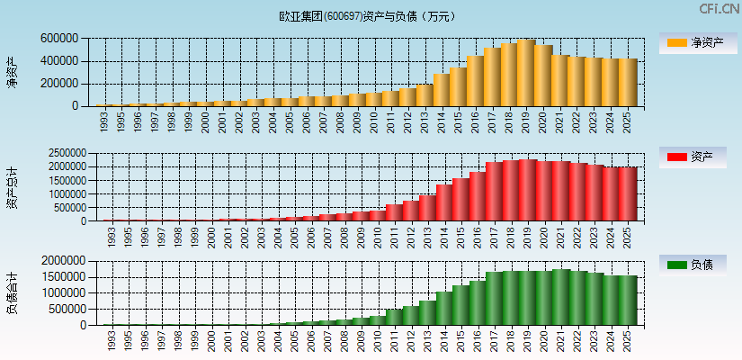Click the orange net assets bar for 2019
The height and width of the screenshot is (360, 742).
click(526, 73)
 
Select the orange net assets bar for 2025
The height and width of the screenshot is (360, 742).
click(627, 83)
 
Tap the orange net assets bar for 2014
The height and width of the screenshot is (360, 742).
click(442, 90)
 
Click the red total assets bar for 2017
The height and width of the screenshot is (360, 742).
click(493, 192)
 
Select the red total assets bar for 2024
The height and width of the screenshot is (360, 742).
click(611, 194)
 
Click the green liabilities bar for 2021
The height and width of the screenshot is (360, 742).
click(560, 297)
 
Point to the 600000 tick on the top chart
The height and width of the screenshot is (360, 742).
click(58, 39)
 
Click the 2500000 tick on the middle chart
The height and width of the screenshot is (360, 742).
click(62, 154)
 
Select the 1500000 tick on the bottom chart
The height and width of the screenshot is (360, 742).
click(62, 276)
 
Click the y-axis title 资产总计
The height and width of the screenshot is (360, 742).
click(12, 187)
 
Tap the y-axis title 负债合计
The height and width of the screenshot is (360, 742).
click(12, 293)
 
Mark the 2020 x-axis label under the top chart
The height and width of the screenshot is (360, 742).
click(543, 121)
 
